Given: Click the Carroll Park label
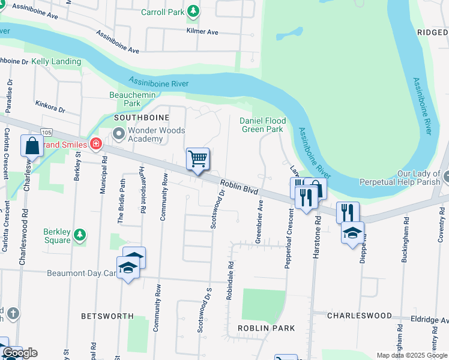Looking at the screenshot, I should point(161,12).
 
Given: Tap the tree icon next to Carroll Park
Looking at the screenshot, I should point(193,11).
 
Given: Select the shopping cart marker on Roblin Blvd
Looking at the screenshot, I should point(197,160).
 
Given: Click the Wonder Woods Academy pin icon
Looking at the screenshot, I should point(118,133).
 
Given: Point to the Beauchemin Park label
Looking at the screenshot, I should point(133,99).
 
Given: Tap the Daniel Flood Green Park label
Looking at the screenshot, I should point(262,125).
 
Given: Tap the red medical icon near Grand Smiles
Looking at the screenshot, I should point(95,144).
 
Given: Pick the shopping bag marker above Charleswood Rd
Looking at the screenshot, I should point(32,146).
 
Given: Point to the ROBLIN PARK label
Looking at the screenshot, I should point(266,328).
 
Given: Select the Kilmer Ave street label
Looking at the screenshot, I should point(202,31).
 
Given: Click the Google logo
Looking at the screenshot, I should point(20,353).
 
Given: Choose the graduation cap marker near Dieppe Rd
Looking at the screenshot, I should point(352,233).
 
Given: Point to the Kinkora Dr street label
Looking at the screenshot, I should point(50,107).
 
